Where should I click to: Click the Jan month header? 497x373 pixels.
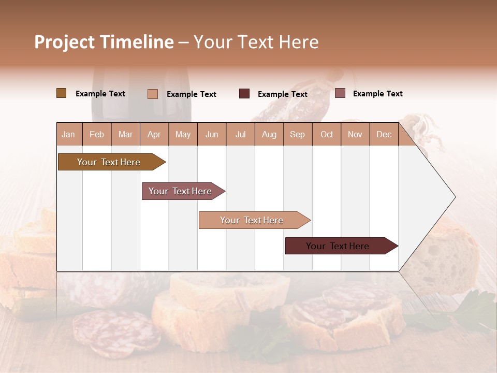coord(68,134)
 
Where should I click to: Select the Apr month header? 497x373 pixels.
coord(154,134)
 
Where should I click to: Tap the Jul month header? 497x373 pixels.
coord(240,134)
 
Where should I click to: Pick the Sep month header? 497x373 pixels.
coord(297,134)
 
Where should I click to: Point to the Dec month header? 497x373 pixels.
coord(384,134)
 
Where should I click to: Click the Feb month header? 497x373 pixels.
coord(97,134)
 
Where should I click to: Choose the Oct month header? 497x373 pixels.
coord(327,134)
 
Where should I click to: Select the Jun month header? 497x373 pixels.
coord(212,134)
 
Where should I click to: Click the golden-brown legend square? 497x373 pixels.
coord(61,93)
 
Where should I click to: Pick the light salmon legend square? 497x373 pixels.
coord(152,94)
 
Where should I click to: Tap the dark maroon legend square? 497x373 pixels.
coord(244,94)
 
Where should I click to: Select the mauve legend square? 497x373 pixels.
coord(340,93)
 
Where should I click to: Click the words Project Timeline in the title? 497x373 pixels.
coord(104,42)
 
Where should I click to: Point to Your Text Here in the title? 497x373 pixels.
coord(256,42)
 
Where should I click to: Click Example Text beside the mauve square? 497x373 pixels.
coord(377,94)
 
